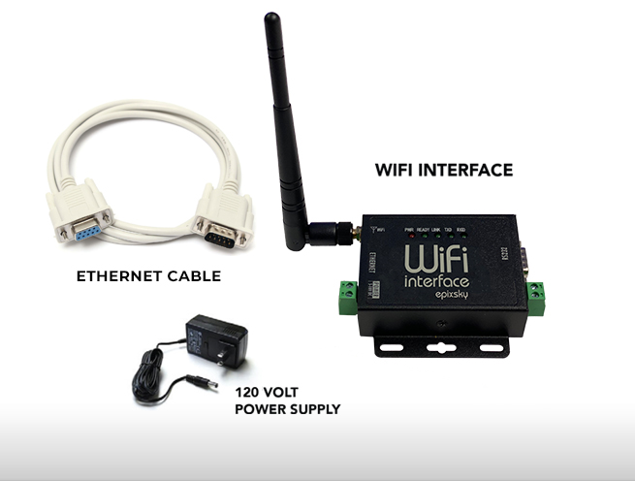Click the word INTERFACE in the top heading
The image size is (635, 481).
[x=464, y=170]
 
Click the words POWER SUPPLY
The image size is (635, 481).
[x=288, y=409]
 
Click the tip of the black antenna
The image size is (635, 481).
[x=271, y=18]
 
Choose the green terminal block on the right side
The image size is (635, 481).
[x=535, y=290]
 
